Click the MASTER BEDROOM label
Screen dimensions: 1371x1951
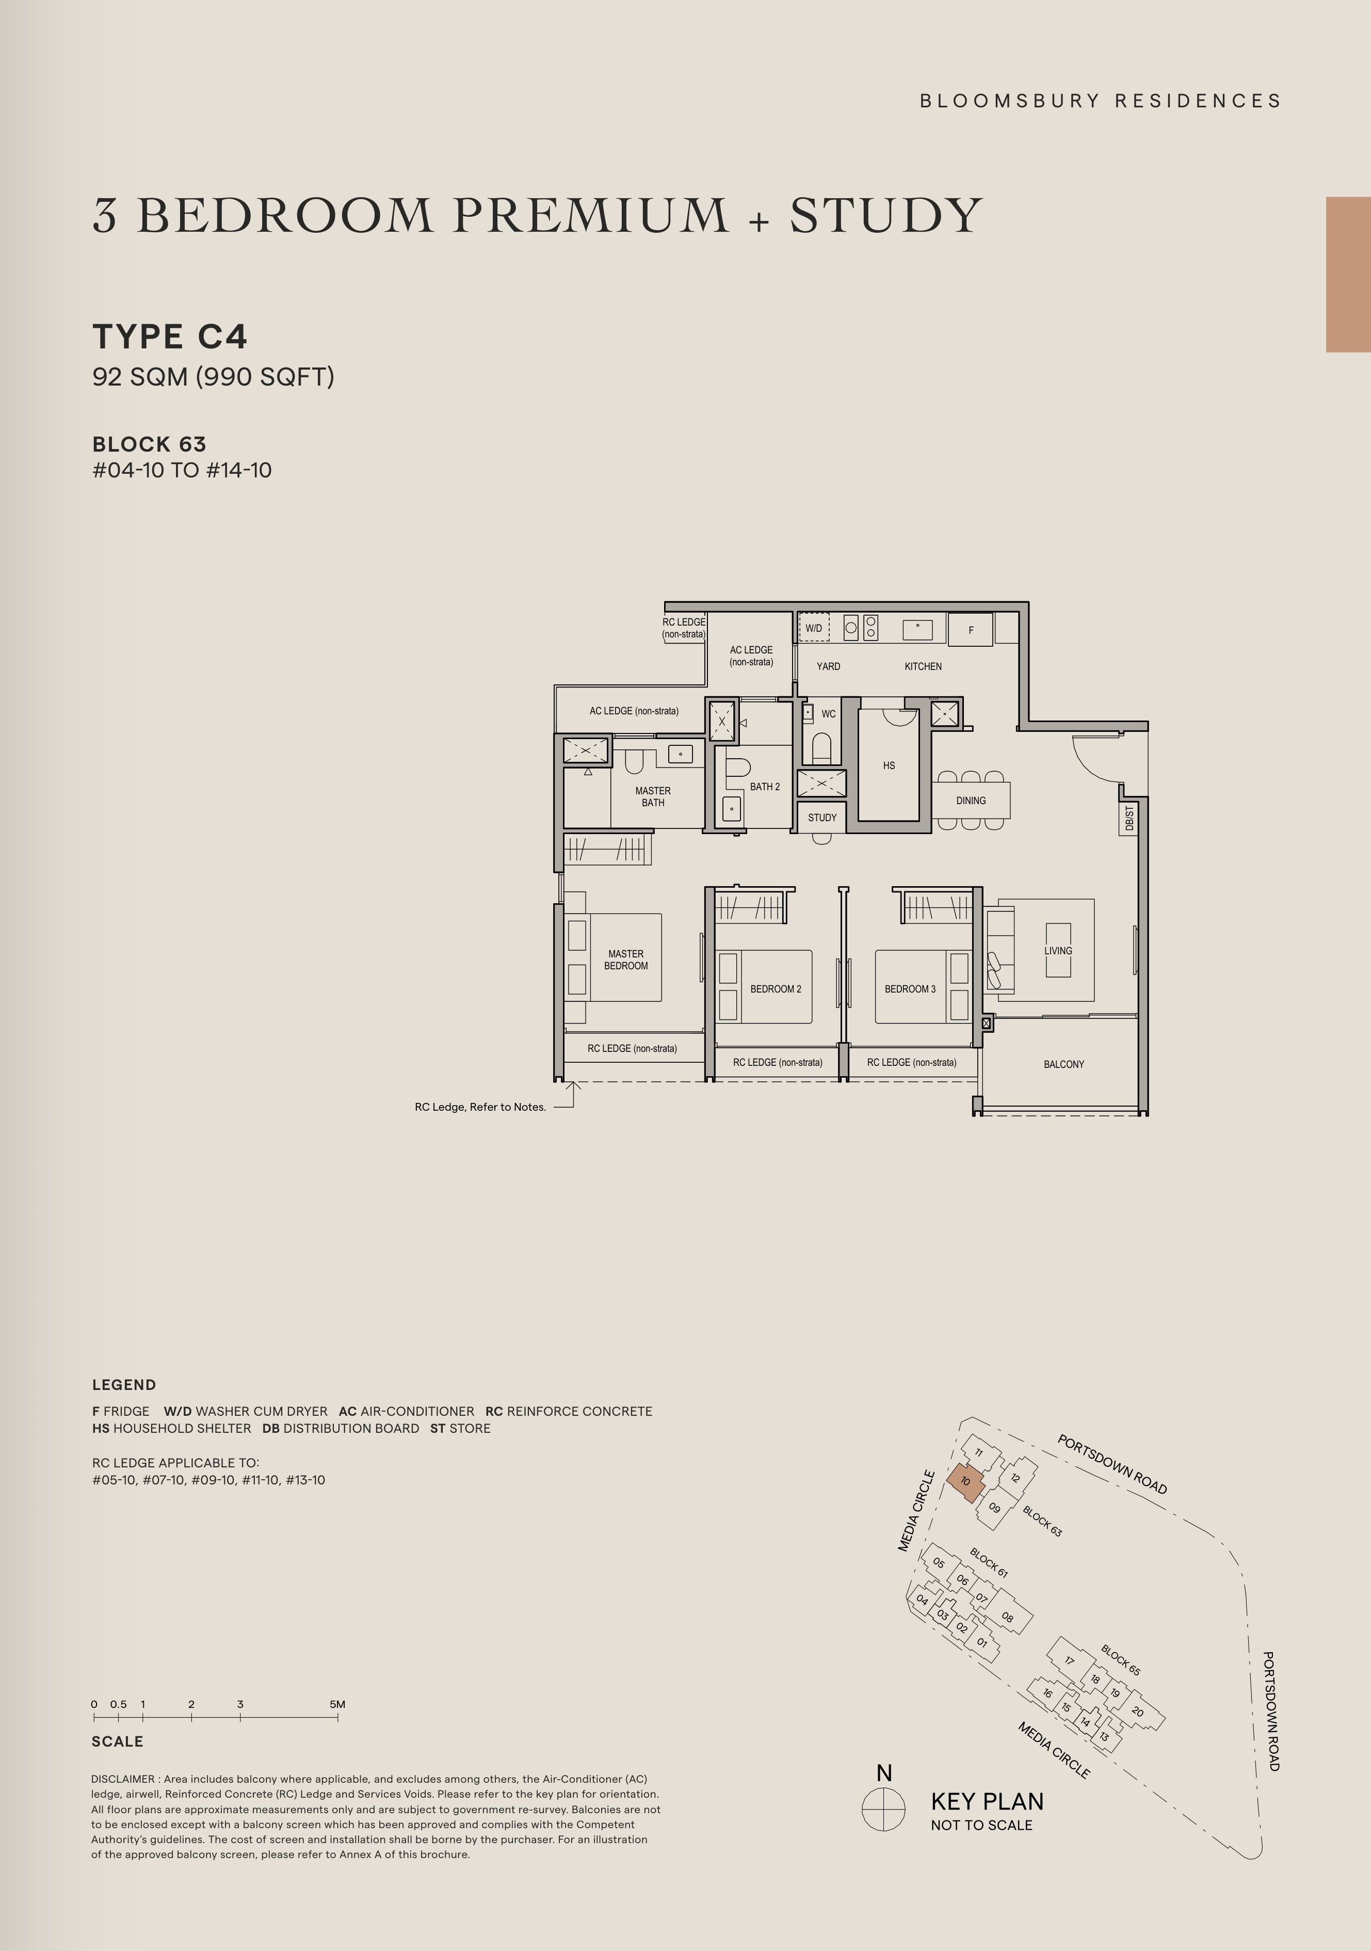click(x=626, y=959)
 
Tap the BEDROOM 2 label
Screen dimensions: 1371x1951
click(x=776, y=989)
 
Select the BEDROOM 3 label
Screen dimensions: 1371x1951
click(x=910, y=989)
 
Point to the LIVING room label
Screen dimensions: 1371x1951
click(x=1058, y=951)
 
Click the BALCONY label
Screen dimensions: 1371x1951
click(x=1063, y=1064)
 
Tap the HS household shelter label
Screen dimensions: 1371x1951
click(x=889, y=765)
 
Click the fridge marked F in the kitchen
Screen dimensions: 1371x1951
click(x=970, y=630)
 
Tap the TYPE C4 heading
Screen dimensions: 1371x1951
click(x=170, y=337)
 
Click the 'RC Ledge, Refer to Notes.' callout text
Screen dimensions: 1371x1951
click(x=480, y=1107)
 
